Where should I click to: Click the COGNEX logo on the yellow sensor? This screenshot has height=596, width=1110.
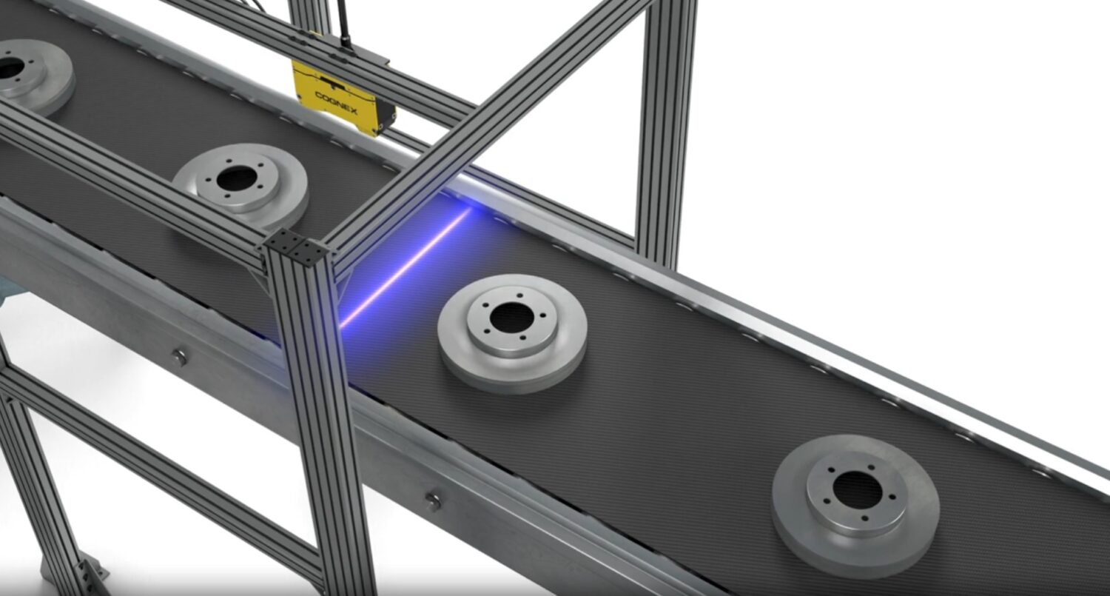pos(337,103)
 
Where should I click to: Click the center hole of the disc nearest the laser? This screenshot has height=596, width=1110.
pos(512,317)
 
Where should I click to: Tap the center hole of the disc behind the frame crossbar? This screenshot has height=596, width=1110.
pos(237,179)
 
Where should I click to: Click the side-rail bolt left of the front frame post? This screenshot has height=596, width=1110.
pos(179,357)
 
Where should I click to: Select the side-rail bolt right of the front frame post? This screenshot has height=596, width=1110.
pos(433,501)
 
